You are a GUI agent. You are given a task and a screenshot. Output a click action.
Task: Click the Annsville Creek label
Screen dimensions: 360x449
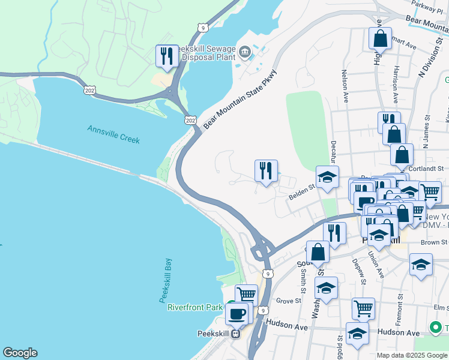(x=113, y=134)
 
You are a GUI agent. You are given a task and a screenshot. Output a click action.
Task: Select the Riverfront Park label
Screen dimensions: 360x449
(x=194, y=307)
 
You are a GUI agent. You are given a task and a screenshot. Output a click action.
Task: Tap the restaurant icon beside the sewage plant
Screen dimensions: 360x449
(x=166, y=56)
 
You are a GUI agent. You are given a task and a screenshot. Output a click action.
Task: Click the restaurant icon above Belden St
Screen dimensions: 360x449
(x=265, y=170)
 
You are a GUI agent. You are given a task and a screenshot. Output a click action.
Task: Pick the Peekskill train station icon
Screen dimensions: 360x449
(x=236, y=334)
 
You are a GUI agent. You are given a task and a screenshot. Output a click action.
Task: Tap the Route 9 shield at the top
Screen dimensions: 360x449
(x=205, y=28)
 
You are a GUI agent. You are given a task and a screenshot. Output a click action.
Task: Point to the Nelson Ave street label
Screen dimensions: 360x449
(x=345, y=87)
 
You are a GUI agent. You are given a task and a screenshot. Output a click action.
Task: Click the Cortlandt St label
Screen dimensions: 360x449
(x=421, y=169)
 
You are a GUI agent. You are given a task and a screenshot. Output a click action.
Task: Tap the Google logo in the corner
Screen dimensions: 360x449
(x=20, y=353)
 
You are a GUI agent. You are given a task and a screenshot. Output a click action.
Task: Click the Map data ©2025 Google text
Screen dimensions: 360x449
(x=411, y=355)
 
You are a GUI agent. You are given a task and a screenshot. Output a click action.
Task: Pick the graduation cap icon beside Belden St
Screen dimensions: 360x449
(x=327, y=178)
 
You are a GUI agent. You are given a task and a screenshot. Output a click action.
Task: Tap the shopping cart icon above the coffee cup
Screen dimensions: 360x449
(x=246, y=295)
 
